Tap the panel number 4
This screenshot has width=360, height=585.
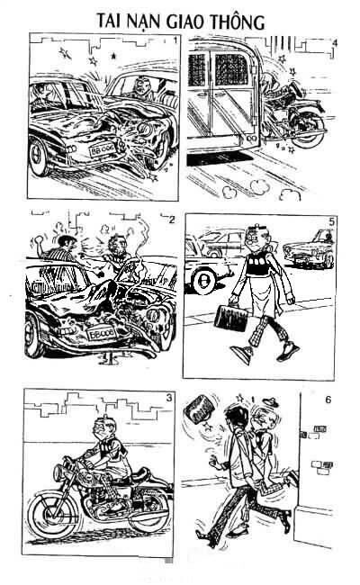coord(335,42)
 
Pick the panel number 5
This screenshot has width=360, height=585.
coord(332,220)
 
